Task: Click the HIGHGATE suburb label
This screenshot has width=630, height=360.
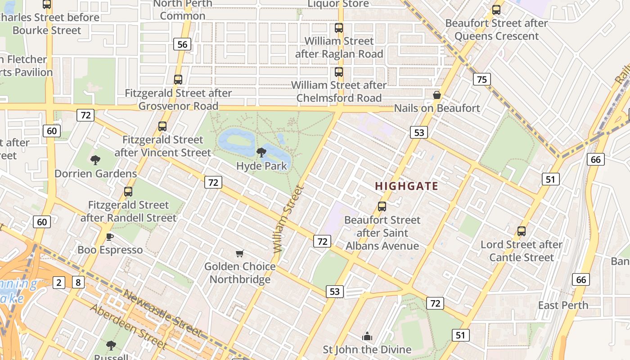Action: coord(406,186)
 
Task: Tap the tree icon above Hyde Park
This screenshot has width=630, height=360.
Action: coord(261,153)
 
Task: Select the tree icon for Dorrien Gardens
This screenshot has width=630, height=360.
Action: coord(95,160)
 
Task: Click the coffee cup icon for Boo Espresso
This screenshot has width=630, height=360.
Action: coord(109,237)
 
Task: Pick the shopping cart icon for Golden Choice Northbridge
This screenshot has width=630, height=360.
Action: coord(240,254)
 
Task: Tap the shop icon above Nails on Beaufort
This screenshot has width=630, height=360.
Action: coord(436,95)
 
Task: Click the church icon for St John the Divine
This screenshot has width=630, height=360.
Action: coord(367,336)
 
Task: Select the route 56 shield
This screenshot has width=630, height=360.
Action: coord(182,44)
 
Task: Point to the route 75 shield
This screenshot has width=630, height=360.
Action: coord(481,80)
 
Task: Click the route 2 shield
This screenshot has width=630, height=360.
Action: coord(59,283)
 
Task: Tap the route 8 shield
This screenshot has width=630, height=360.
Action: coord(78,283)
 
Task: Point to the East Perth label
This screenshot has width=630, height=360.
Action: coord(563,305)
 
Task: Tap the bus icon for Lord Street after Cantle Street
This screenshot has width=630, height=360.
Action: coord(522,231)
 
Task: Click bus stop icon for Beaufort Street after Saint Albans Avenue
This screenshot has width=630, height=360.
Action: coord(382,207)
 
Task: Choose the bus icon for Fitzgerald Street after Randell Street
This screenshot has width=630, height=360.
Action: coord(128,192)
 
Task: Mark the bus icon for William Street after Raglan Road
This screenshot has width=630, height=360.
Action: coord(339,28)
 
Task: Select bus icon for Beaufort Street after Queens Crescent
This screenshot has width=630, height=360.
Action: coord(496,10)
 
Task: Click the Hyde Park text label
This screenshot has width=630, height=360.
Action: coord(261,166)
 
